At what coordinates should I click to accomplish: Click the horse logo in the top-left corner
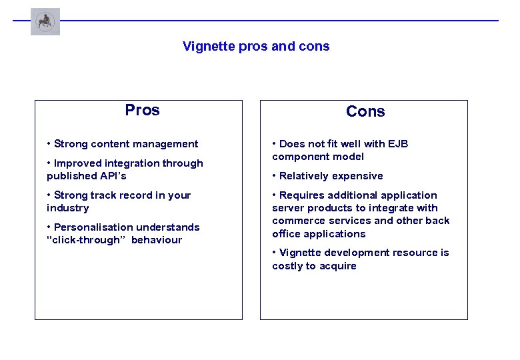(45, 21)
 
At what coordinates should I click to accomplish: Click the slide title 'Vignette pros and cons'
(256, 47)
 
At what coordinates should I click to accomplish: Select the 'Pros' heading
(142, 110)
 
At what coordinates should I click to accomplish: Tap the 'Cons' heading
(365, 111)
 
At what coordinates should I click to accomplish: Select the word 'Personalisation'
(93, 227)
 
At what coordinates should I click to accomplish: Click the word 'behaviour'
(157, 240)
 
